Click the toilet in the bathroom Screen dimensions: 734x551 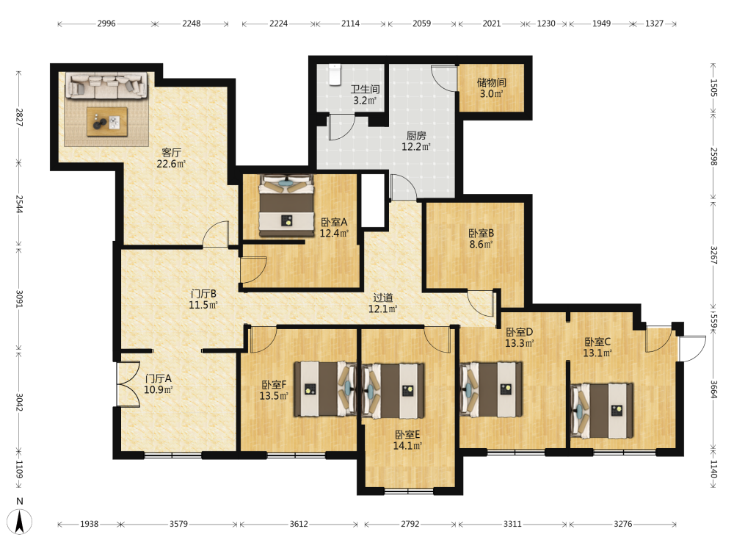point(334,75)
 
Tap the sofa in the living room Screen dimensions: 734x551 point(106,85)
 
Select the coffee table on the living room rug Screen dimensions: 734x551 point(107,122)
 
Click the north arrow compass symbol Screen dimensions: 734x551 point(20,521)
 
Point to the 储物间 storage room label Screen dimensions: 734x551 point(492,82)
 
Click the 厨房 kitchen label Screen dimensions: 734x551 point(416,136)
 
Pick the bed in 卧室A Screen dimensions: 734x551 point(286,205)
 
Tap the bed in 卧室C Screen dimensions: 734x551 point(602,411)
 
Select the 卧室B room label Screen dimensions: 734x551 point(482,233)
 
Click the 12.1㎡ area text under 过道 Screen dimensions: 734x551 point(383,309)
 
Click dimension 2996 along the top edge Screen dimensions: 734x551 point(106,24)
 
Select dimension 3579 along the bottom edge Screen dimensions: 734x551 point(178,524)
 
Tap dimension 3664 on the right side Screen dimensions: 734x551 point(713,389)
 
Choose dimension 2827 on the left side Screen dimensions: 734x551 point(19,117)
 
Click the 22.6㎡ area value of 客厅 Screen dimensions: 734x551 point(171,164)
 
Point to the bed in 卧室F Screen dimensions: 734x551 point(325,389)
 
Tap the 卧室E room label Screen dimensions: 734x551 point(407,434)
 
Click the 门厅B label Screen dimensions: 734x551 point(203,294)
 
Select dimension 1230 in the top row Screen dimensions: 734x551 point(546,24)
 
